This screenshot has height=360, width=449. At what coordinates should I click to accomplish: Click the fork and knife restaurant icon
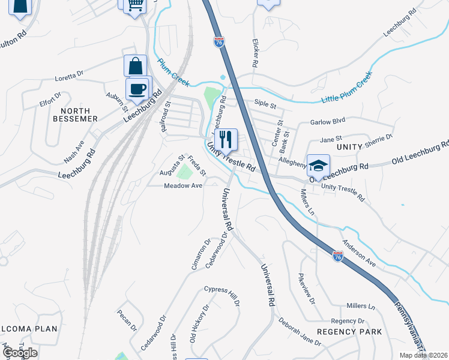click(x=226, y=140)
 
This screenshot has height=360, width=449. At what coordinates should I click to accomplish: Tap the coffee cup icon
click(x=137, y=89)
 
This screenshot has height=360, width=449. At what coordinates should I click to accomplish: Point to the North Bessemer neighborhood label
click(x=76, y=115)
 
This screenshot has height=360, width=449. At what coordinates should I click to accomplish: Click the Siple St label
click(x=265, y=106)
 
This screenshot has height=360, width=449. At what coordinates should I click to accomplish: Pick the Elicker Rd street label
click(x=256, y=53)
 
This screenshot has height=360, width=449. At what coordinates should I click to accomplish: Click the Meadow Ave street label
click(x=183, y=186)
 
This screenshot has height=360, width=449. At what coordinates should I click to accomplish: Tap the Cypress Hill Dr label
click(x=222, y=295)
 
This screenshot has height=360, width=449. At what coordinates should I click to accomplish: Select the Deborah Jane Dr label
click(x=299, y=331)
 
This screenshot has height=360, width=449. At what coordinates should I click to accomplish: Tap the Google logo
click(x=20, y=353)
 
